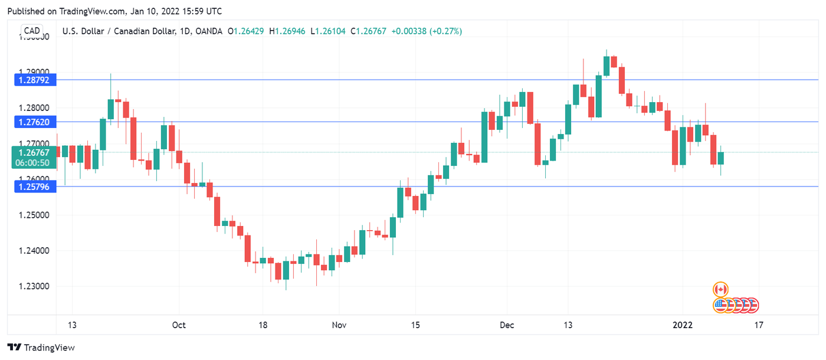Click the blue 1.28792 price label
(34, 80)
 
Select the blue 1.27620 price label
(34, 122)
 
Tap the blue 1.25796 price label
(34, 186)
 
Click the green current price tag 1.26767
(34, 152)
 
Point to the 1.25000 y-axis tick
(34, 215)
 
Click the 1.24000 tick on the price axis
(34, 251)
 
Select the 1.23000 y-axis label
(34, 286)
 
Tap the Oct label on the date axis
(179, 325)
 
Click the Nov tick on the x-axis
(339, 325)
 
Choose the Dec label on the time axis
(507, 325)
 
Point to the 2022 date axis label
(683, 325)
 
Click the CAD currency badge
(32, 31)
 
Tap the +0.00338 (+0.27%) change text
(427, 31)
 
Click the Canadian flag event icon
(720, 289)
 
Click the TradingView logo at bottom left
(41, 348)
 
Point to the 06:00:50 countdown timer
(34, 163)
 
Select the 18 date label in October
(263, 325)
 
